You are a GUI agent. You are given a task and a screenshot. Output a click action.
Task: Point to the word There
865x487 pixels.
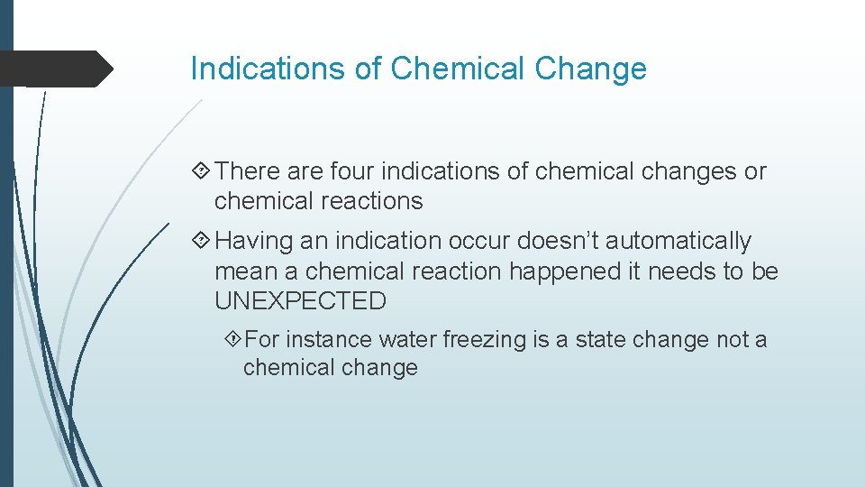tap(250, 171)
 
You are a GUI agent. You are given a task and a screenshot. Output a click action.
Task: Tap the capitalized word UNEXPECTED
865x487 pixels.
tap(300, 301)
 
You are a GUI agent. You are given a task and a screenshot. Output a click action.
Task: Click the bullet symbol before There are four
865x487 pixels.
tap(202, 171)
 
